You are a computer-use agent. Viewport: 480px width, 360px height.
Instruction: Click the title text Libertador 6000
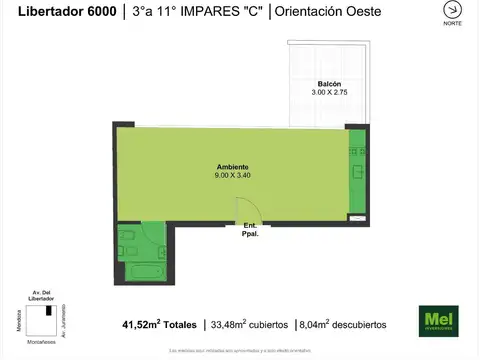click(x=59, y=13)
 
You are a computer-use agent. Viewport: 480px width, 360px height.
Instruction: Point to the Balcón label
click(x=331, y=83)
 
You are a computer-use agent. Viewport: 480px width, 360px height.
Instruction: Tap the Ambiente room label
click(x=232, y=167)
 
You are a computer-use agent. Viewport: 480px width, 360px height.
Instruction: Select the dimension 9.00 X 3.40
click(x=233, y=175)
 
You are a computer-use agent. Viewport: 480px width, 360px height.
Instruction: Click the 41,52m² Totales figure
click(x=159, y=325)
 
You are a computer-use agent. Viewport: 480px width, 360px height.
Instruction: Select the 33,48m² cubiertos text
click(x=250, y=325)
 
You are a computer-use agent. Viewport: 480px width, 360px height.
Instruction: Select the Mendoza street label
click(x=19, y=321)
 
